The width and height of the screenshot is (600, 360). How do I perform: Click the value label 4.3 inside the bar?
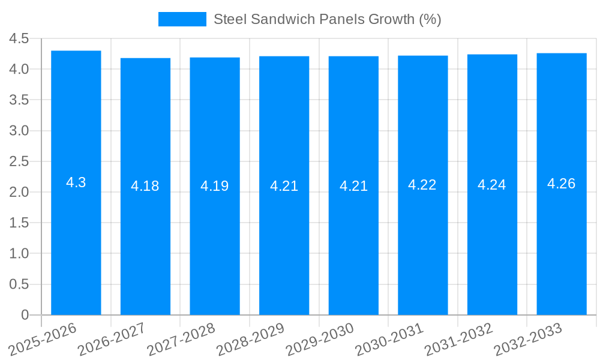pyautogui.click(x=76, y=183)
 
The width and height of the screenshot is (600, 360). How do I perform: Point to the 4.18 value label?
pyautogui.click(x=145, y=186)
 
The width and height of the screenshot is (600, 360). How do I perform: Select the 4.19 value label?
pyautogui.click(x=215, y=186)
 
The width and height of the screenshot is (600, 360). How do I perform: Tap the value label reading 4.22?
pyautogui.click(x=422, y=185)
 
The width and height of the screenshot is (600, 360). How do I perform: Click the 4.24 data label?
pyautogui.click(x=492, y=185)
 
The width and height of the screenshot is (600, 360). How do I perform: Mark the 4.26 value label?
pyautogui.click(x=562, y=184)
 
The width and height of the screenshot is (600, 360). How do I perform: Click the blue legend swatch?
pyautogui.click(x=182, y=19)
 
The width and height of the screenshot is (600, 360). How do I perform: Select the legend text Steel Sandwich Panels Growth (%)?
pyautogui.click(x=327, y=19)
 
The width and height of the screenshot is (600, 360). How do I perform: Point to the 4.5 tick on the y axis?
pyautogui.click(x=19, y=39)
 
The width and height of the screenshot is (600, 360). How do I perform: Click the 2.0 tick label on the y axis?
pyautogui.click(x=19, y=192)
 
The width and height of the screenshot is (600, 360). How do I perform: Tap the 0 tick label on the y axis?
pyautogui.click(x=25, y=315)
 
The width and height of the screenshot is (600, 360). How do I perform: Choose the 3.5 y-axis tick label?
pyautogui.click(x=19, y=100)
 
